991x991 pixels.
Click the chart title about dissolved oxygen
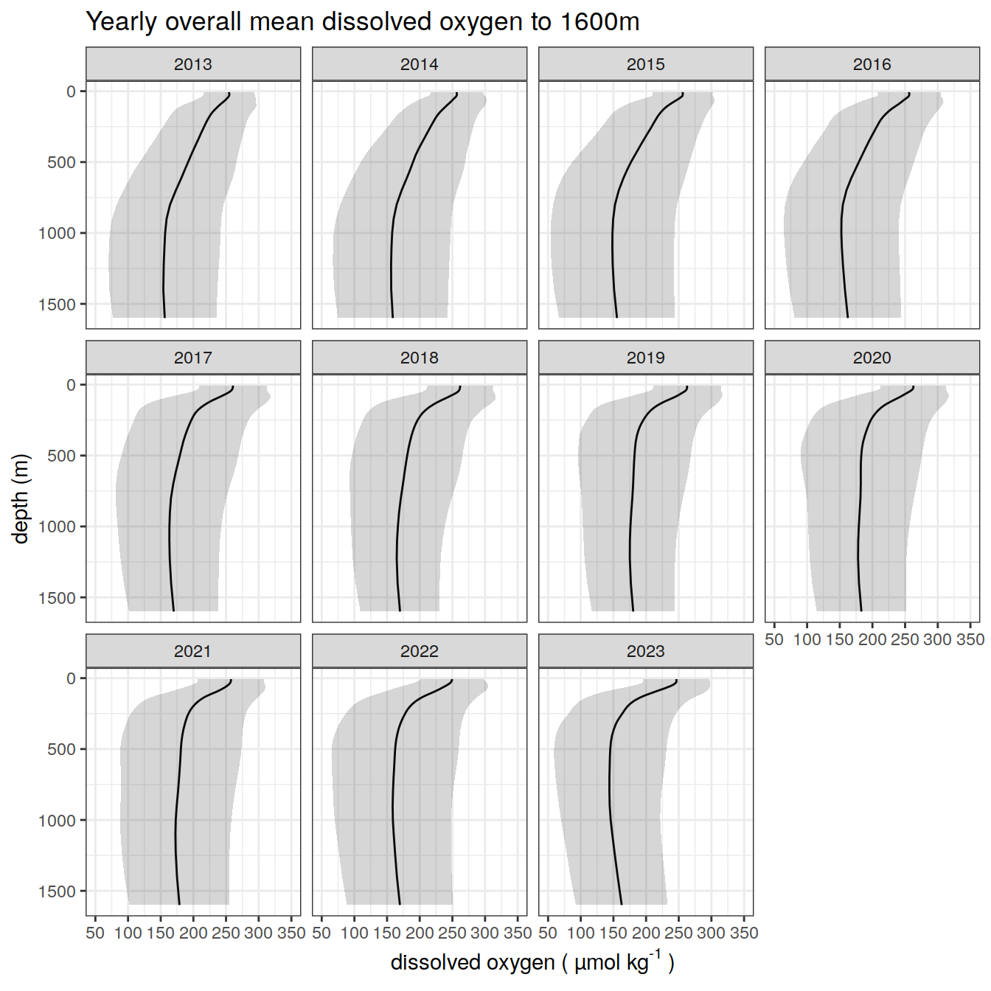click(362, 22)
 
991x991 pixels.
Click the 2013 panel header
click(193, 64)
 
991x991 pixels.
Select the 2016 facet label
click(872, 64)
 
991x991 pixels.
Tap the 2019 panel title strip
click(645, 358)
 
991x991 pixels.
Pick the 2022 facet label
click(419, 651)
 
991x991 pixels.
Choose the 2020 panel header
click(872, 358)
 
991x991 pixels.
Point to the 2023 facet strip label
click(645, 651)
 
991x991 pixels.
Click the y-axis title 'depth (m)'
click(21, 498)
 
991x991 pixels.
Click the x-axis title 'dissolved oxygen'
click(532, 962)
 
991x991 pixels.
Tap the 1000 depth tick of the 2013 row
click(58, 233)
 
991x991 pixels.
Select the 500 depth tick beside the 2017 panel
click(62, 456)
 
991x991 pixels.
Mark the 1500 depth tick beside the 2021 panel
click(58, 891)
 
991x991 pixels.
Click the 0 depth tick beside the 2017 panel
click(72, 385)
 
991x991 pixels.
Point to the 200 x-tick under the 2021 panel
click(193, 933)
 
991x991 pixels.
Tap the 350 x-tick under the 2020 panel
click(970, 639)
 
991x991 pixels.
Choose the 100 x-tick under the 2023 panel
click(581, 933)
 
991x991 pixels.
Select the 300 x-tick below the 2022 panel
click(484, 933)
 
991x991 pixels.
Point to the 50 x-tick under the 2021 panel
click(95, 933)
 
